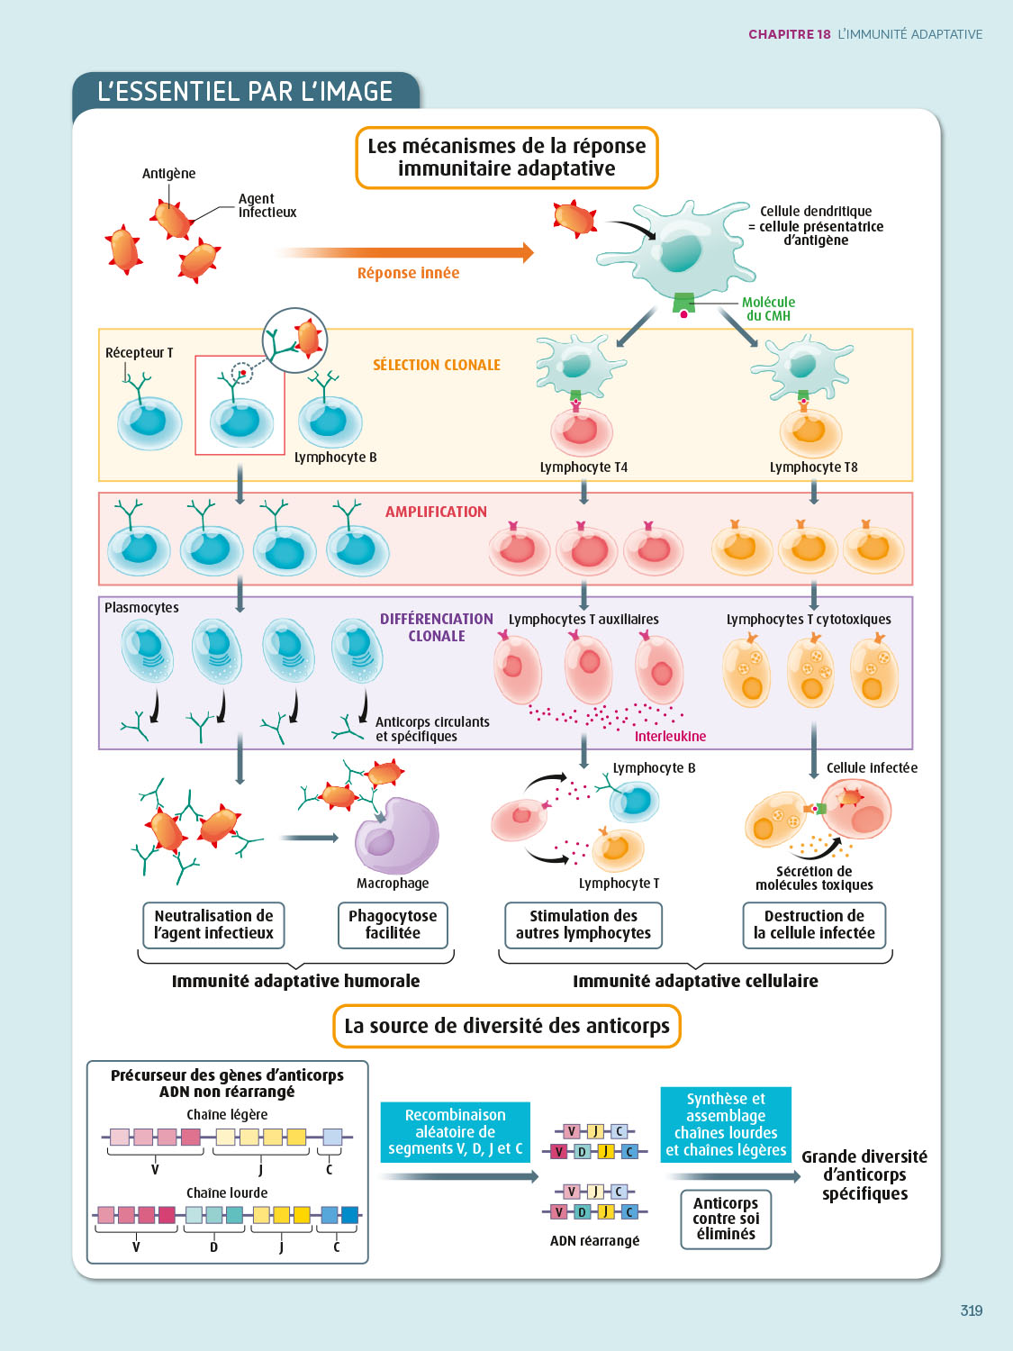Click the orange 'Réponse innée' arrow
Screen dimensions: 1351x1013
pyautogui.click(x=405, y=253)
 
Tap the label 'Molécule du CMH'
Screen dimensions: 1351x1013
pyautogui.click(x=768, y=309)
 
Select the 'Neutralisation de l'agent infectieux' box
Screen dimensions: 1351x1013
pyautogui.click(x=213, y=925)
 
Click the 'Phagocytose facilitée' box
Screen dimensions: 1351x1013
pyautogui.click(x=393, y=925)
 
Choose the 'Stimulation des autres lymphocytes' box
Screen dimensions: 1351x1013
pyautogui.click(x=583, y=925)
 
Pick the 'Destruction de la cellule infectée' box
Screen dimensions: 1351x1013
pyautogui.click(x=814, y=925)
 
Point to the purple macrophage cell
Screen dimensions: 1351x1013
pyautogui.click(x=396, y=835)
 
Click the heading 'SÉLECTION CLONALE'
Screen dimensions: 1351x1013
pyautogui.click(x=437, y=365)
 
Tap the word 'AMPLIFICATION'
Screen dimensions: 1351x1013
pyautogui.click(x=436, y=512)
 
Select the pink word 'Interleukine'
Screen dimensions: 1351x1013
pyautogui.click(x=670, y=737)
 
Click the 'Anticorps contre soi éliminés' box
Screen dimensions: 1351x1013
pyautogui.click(x=726, y=1219)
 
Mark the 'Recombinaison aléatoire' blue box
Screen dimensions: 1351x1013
pyautogui.click(x=455, y=1132)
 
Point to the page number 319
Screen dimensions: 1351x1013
pyautogui.click(x=971, y=1310)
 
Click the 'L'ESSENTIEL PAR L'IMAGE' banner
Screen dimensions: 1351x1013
pyautogui.click(x=245, y=92)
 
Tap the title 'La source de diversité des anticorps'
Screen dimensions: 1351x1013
pyautogui.click(x=507, y=1026)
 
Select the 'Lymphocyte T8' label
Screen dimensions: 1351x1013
pyautogui.click(x=813, y=467)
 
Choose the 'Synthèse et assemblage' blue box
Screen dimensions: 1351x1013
pyautogui.click(x=726, y=1125)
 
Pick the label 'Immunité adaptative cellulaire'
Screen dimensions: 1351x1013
pyautogui.click(x=695, y=981)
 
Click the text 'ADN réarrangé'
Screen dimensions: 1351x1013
pyautogui.click(x=594, y=1240)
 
